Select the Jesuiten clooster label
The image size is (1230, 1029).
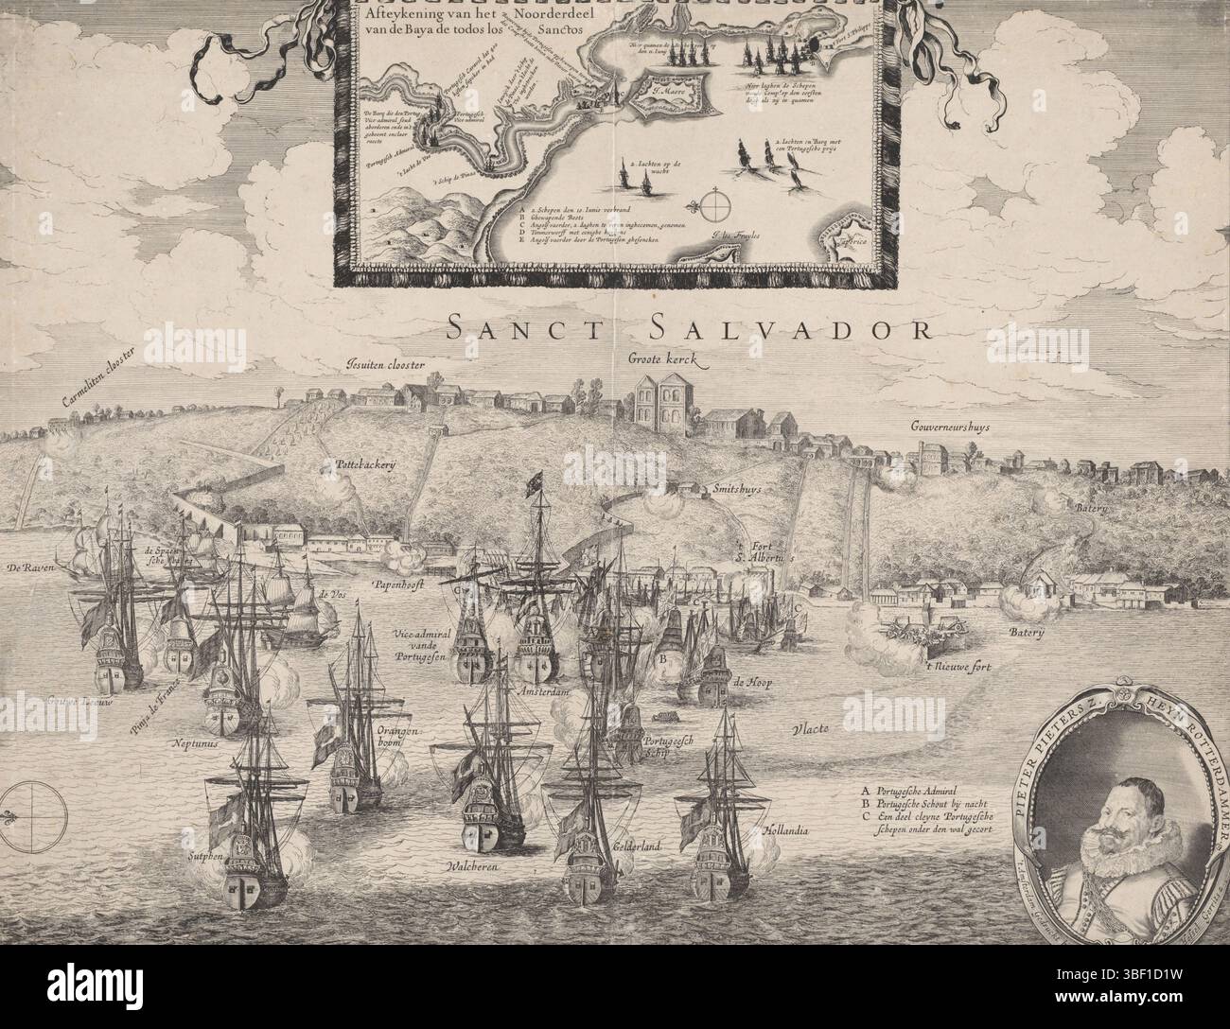click(x=386, y=364)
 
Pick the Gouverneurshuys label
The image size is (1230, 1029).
click(x=951, y=427)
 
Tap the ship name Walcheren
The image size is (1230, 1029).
click(x=472, y=865)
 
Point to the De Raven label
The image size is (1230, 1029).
click(x=27, y=567)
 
